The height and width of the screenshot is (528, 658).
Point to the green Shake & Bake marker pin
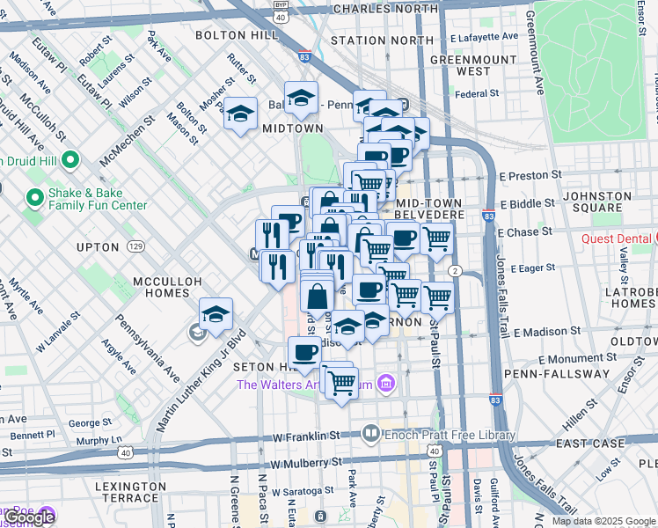pyautogui.click(x=34, y=197)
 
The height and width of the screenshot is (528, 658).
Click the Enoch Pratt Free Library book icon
pyautogui.click(x=371, y=434)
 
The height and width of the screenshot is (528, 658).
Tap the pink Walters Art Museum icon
pyautogui.click(x=384, y=383)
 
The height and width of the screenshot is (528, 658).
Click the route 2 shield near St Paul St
pyautogui.click(x=455, y=271)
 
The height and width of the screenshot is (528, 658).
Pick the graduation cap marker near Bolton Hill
pyautogui.click(x=240, y=114)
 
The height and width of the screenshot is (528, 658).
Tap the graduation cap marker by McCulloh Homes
pyautogui.click(x=215, y=314)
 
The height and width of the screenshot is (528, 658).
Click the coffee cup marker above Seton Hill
pyautogui.click(x=304, y=353)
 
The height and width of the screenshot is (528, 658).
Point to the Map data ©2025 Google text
pyautogui.click(x=603, y=521)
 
